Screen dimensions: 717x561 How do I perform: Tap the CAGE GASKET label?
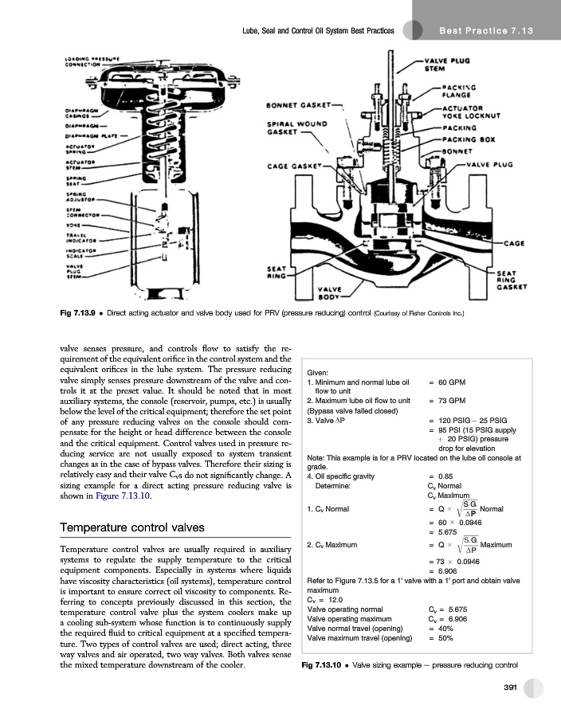pos(292,166)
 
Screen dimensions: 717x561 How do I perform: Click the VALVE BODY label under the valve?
pos(331,292)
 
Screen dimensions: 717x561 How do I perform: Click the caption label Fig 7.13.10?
pos(323,664)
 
